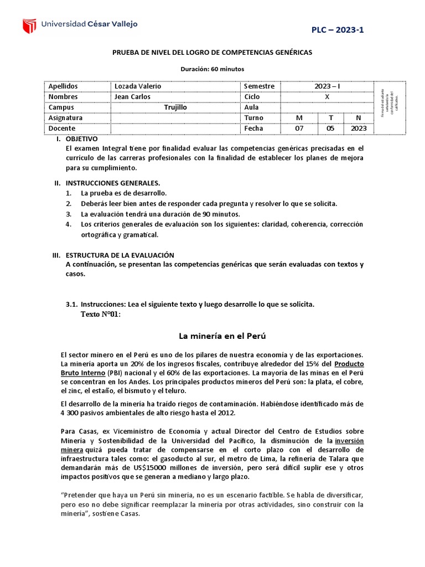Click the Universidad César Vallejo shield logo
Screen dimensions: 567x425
29,26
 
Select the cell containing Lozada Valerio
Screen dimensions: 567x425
138,86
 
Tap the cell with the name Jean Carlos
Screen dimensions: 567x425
132,96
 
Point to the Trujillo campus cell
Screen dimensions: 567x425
175,107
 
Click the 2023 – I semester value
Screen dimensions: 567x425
327,86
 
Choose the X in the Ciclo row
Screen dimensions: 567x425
327,96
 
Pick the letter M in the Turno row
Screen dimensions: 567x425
299,118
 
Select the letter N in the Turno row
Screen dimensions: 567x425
358,118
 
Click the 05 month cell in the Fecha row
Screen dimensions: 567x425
331,128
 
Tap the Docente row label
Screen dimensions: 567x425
62,128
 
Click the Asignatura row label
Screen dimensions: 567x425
65,118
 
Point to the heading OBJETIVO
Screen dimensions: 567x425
81,139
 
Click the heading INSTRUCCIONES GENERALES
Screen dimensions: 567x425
113,183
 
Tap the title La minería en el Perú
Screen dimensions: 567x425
215,336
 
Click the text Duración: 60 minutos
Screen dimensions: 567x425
212,69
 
